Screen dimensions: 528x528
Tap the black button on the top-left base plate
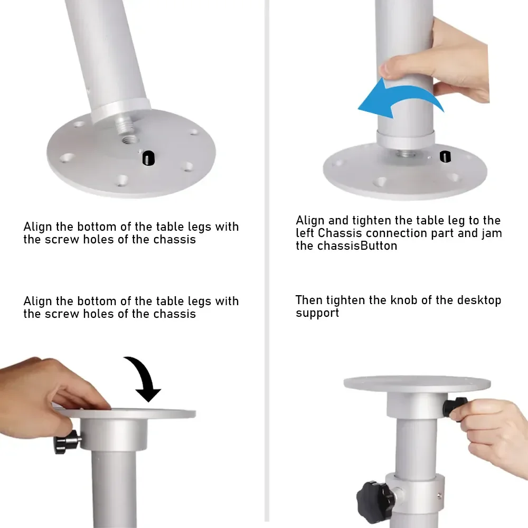click(x=148, y=158)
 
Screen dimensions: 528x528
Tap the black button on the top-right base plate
click(x=445, y=157)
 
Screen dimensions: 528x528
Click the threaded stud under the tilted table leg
click(x=122, y=124)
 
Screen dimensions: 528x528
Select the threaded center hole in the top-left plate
click(x=128, y=139)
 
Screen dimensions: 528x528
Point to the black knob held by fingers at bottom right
click(x=455, y=407)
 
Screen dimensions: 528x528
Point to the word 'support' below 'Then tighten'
click(x=317, y=313)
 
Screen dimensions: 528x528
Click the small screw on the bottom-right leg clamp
click(x=439, y=495)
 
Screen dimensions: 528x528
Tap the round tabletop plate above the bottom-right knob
click(x=417, y=384)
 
